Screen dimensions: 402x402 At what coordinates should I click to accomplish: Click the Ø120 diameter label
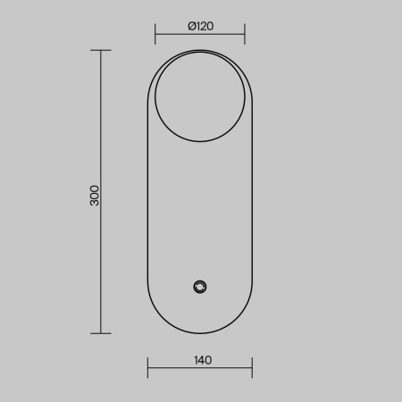click(201, 26)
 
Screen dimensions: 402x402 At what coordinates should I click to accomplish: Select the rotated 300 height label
click(95, 196)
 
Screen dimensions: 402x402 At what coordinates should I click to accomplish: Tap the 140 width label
click(203, 360)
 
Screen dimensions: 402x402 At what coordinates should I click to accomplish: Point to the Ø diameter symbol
click(192, 26)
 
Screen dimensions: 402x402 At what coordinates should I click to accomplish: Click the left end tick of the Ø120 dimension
click(155, 34)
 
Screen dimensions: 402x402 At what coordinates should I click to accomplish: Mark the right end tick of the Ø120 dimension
click(245, 34)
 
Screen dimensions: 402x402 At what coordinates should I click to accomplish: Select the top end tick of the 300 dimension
click(101, 50)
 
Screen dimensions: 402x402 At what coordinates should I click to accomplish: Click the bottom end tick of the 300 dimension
click(101, 333)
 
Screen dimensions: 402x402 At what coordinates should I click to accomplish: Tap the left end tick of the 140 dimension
click(147, 368)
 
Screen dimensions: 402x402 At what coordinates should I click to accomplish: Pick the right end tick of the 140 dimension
click(252, 368)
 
